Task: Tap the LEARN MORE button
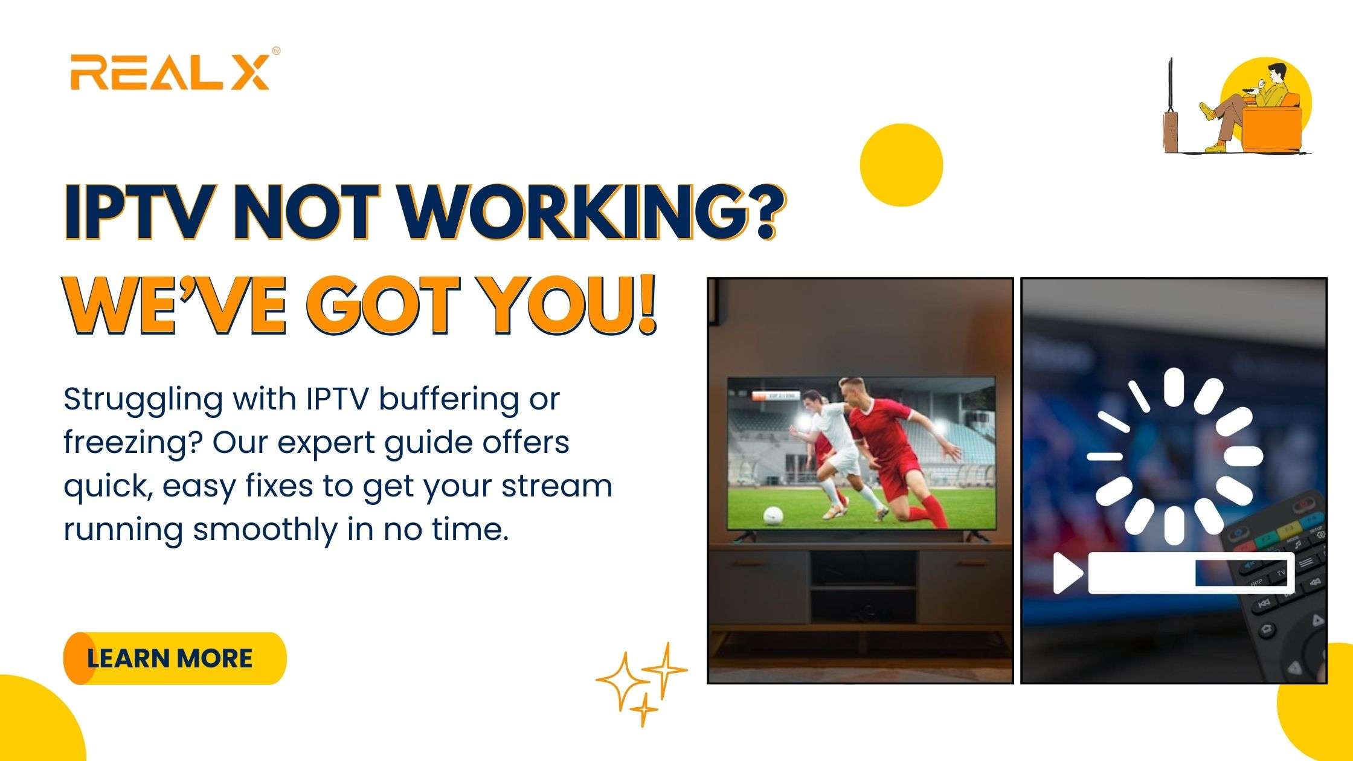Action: pyautogui.click(x=175, y=658)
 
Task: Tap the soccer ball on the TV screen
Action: pyautogui.click(x=773, y=515)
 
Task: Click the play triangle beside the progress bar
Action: pyautogui.click(x=1068, y=573)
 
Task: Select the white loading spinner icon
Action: pyautogui.click(x=1174, y=455)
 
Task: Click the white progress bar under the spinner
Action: pyautogui.click(x=1191, y=572)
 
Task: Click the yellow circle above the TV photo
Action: pyautogui.click(x=901, y=165)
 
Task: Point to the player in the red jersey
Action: pyautogui.click(x=900, y=450)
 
